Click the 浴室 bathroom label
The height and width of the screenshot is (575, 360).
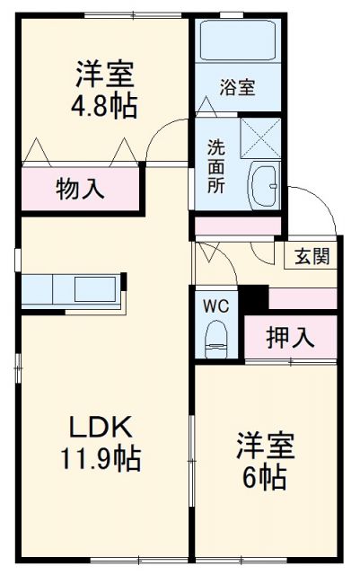tap(238, 87)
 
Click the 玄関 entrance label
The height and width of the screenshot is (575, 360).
tap(310, 255)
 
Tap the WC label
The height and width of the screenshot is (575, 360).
tap(216, 305)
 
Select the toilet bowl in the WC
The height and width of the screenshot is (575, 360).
tap(216, 339)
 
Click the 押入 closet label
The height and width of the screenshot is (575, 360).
tap(290, 338)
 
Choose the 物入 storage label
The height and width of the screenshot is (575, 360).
tap(81, 189)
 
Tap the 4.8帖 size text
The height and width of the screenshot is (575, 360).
tap(105, 106)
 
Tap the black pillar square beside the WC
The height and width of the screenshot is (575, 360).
tap(256, 296)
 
